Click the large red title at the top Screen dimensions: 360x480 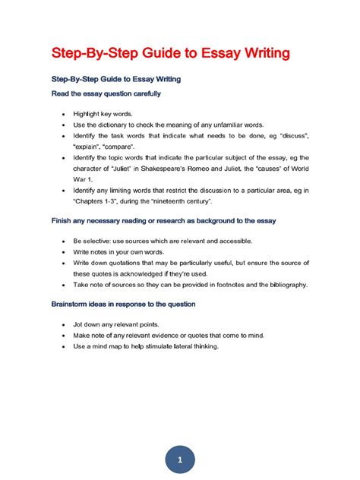coord(169,53)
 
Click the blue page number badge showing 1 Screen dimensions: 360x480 coord(179,441)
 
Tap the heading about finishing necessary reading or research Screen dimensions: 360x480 coord(163,220)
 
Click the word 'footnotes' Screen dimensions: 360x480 coord(216,284)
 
